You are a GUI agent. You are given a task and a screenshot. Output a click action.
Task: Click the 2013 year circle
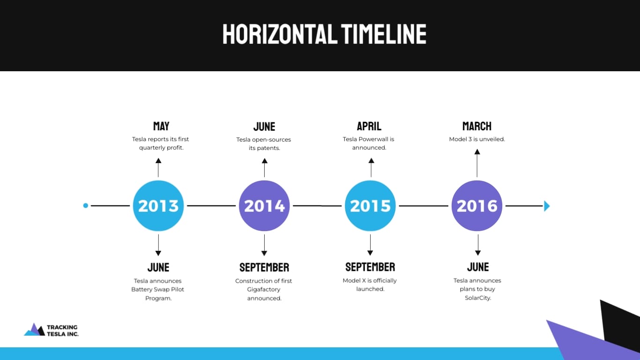click(158, 206)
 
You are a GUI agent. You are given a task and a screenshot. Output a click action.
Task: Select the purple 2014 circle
click(264, 206)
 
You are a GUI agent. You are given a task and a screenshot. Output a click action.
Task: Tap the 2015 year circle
click(370, 206)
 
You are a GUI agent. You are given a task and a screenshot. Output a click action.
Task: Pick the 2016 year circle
click(477, 206)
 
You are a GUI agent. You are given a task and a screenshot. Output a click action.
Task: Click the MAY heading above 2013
click(161, 126)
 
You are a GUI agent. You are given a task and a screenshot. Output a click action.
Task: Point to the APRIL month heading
click(369, 126)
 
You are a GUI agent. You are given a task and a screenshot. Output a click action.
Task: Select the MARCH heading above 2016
click(477, 126)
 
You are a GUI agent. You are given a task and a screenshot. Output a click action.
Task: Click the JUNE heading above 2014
click(264, 127)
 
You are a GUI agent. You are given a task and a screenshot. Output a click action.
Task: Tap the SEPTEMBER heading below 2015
click(370, 267)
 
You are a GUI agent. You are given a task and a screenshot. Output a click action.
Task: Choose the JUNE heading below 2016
click(478, 267)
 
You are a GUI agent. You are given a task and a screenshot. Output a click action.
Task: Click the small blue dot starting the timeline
click(85, 205)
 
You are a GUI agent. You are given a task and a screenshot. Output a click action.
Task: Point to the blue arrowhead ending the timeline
click(547, 206)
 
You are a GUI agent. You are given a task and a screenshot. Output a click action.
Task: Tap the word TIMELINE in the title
click(384, 34)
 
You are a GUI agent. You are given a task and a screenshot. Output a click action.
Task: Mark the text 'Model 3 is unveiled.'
click(477, 139)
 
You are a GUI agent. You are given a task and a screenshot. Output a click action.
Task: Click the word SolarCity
click(478, 298)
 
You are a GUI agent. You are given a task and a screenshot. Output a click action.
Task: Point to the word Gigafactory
click(264, 289)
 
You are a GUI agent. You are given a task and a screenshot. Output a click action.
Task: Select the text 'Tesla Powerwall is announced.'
click(369, 143)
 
